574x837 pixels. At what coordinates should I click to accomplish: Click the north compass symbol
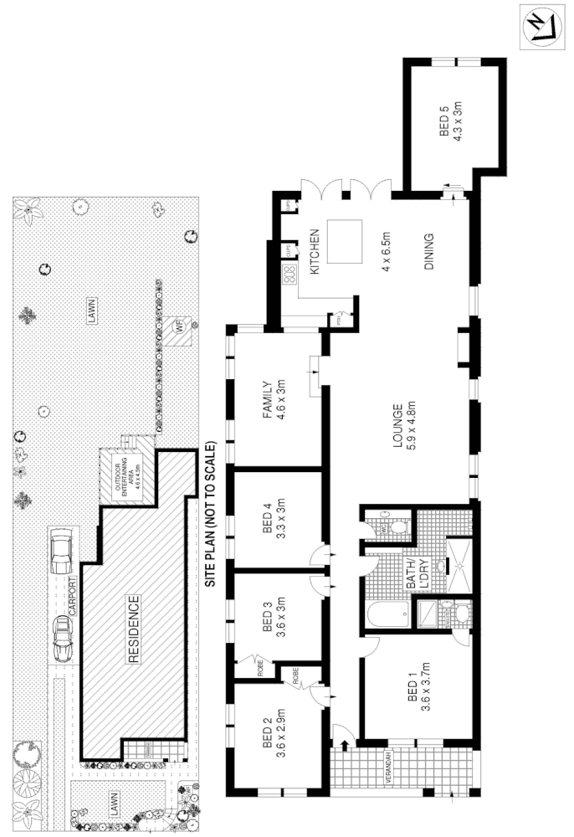click(x=539, y=28)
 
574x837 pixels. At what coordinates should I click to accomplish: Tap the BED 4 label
click(x=264, y=530)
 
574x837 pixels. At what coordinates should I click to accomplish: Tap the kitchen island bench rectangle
click(x=344, y=241)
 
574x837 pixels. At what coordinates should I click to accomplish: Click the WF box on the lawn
click(x=177, y=327)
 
